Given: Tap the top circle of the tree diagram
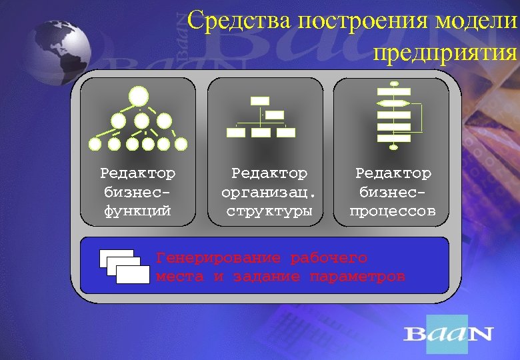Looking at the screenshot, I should point(139,97).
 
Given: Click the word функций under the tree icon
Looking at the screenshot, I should point(138,211).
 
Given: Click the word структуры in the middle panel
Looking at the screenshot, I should point(269,211).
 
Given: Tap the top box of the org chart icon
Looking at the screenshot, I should point(260,101).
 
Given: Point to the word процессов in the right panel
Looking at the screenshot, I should point(393,211).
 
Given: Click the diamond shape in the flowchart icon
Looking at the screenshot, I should point(393,103).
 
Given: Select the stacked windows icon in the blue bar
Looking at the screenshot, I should point(125,266).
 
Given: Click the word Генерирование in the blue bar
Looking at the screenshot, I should point(218,257).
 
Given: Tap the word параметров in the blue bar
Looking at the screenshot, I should point(357,276).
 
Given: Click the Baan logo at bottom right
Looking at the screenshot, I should point(447,334).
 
